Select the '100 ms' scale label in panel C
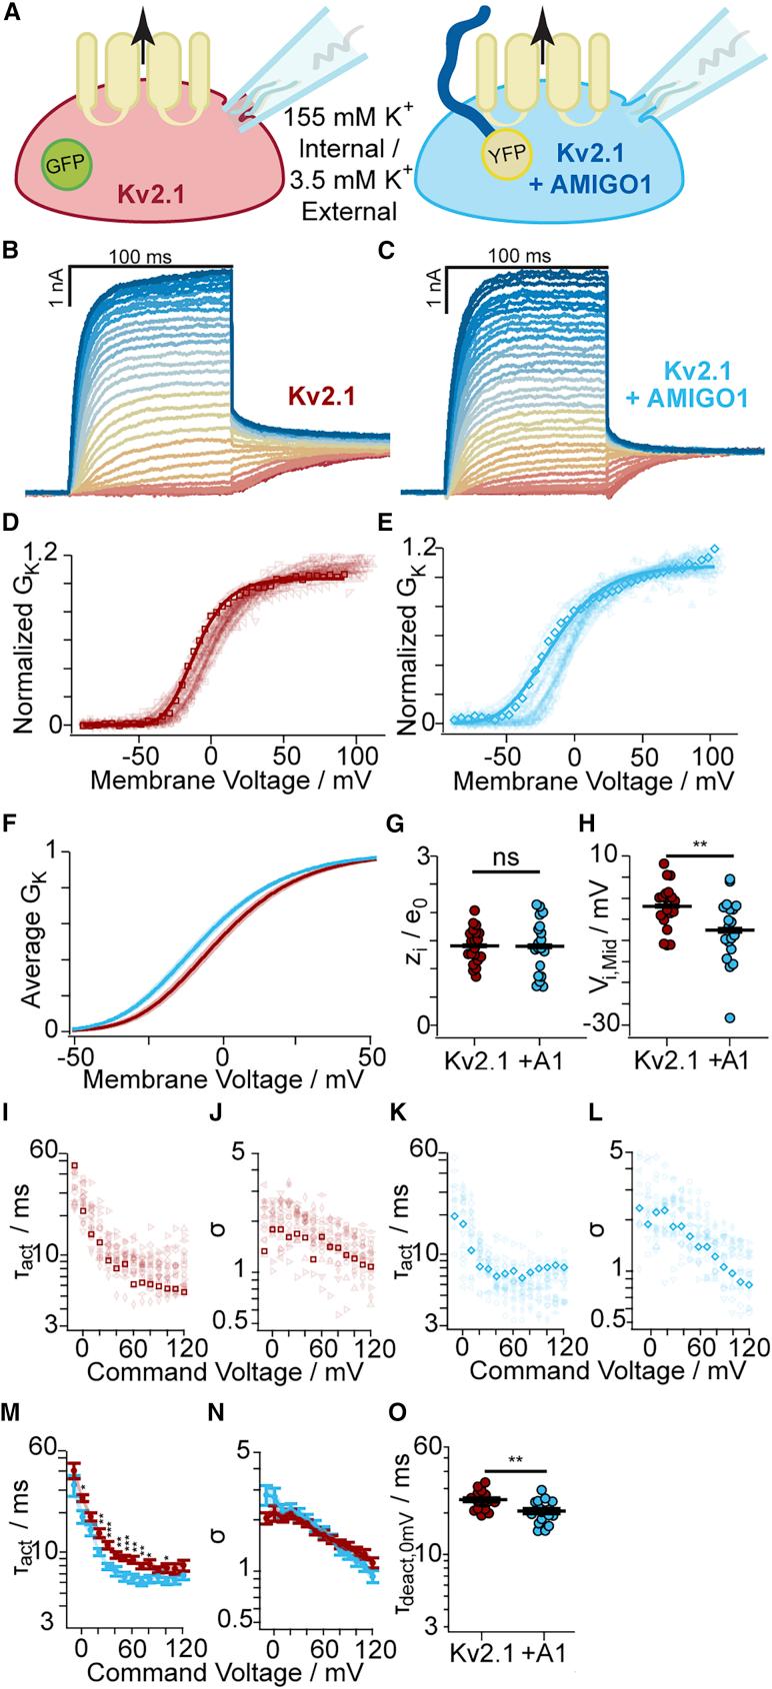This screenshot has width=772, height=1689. click(x=520, y=257)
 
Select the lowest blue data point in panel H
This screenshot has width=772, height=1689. click(x=731, y=1017)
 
